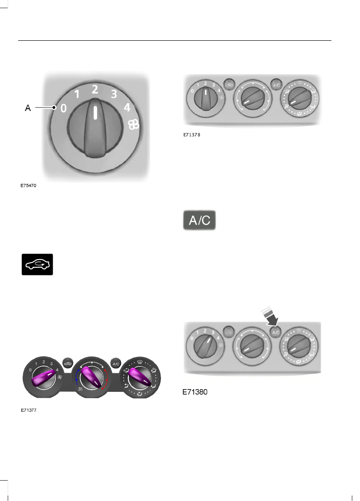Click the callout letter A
(28, 108)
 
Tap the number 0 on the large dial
(63, 108)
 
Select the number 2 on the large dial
(95, 90)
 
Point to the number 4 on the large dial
(127, 107)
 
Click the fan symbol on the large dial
(134, 125)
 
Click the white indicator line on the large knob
(95, 113)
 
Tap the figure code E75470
(29, 186)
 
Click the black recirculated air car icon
(38, 265)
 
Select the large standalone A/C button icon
(199, 220)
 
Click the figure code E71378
(192, 135)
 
